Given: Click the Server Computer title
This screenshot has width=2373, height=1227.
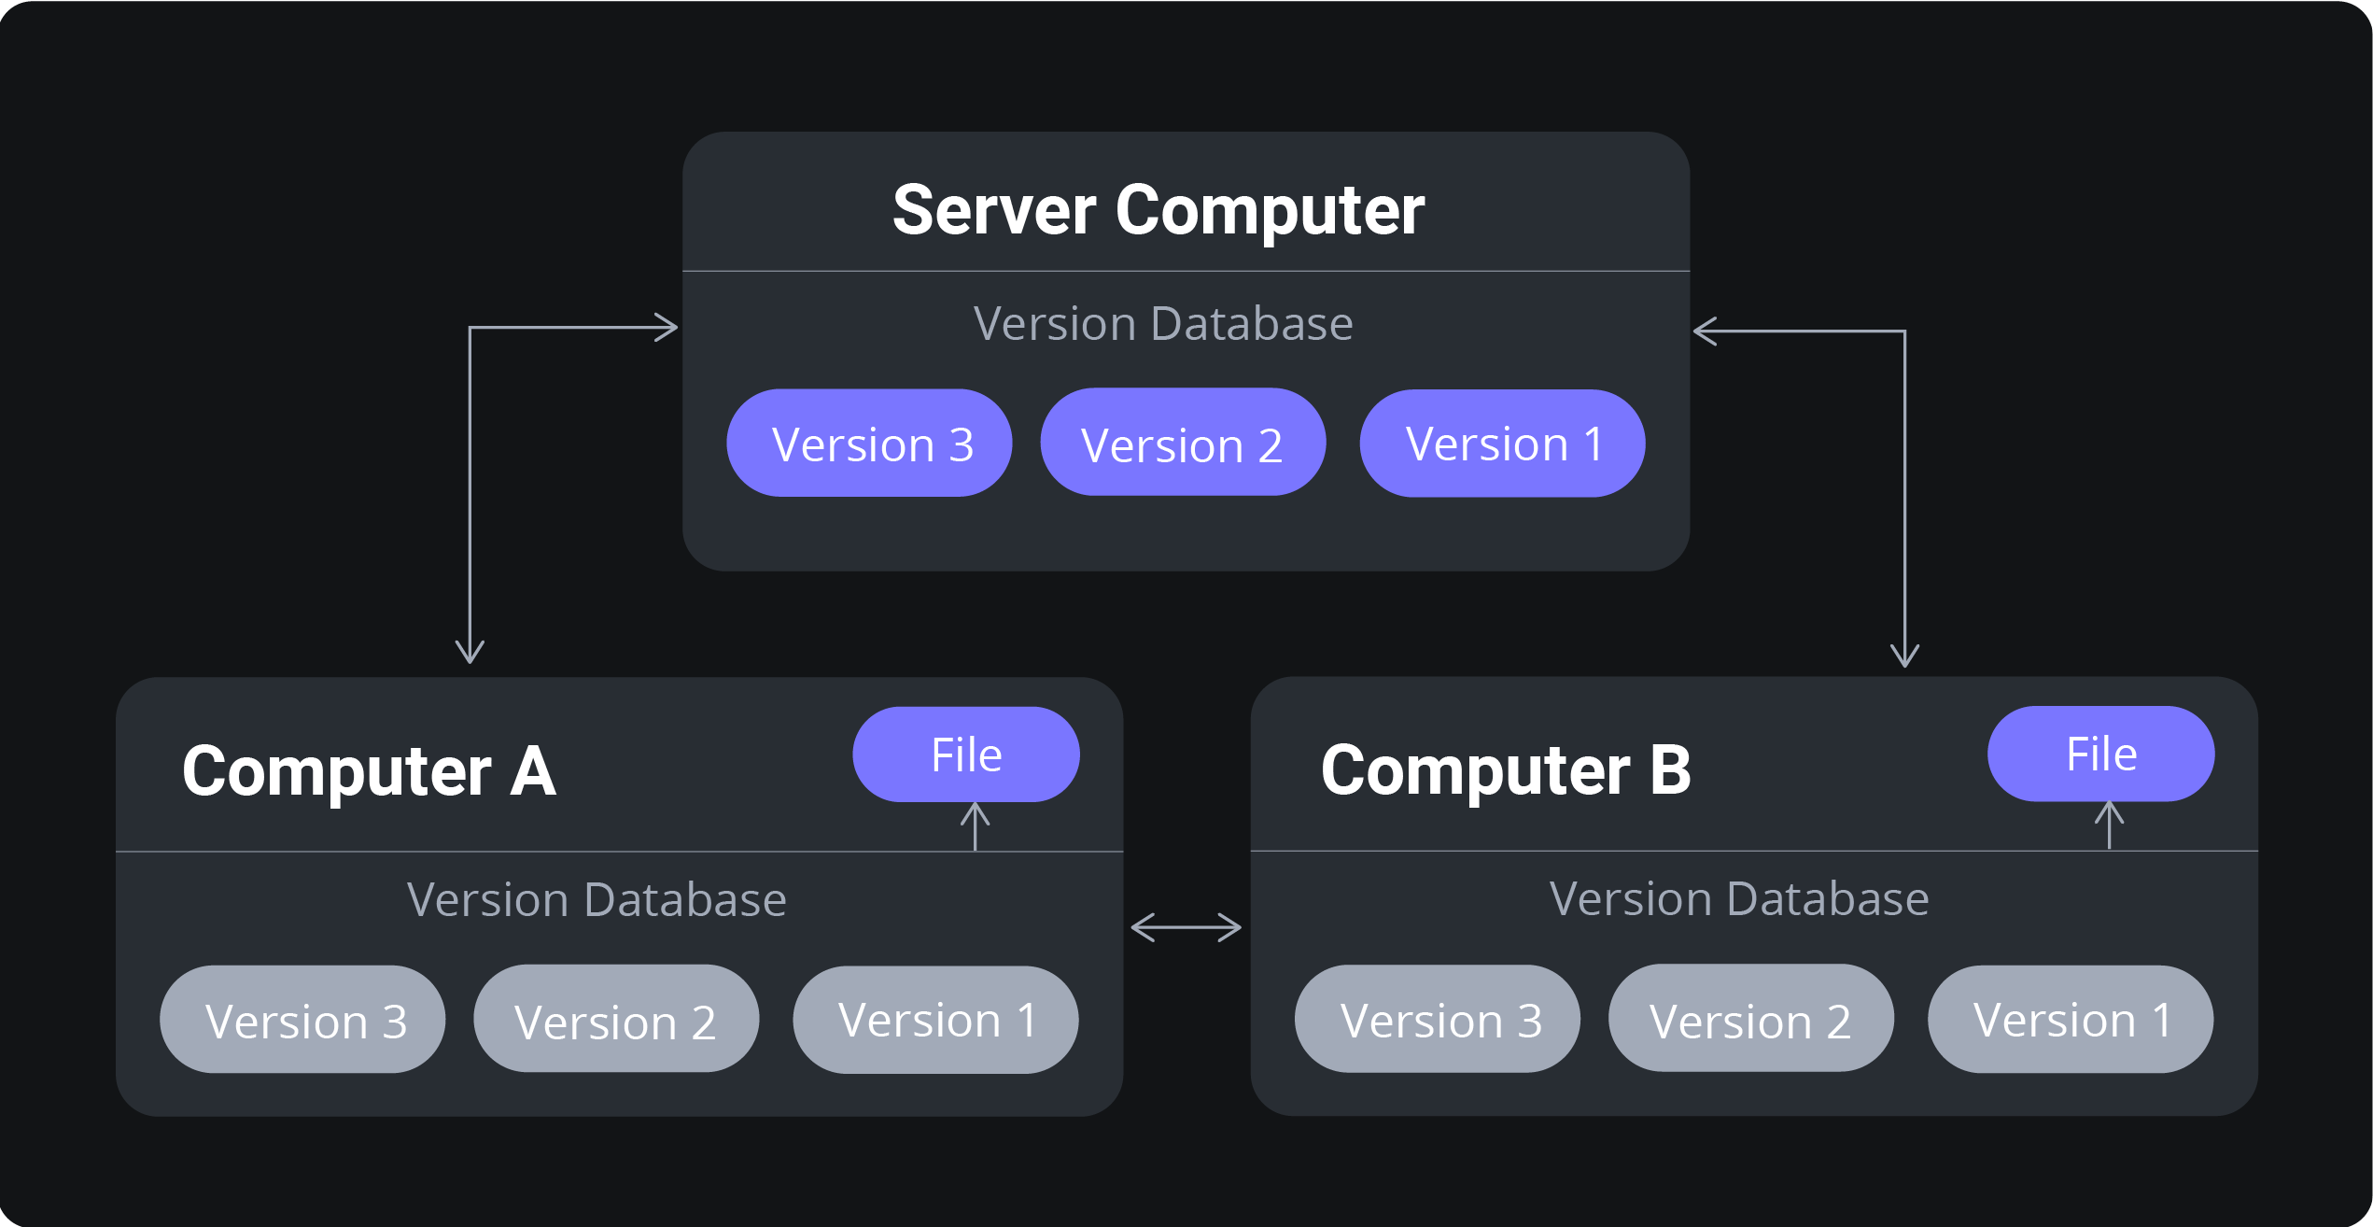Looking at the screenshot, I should tap(1158, 211).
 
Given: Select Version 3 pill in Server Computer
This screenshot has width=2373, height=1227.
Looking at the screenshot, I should tap(869, 444).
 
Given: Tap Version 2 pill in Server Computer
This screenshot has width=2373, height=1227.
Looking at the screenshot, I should tap(1183, 443).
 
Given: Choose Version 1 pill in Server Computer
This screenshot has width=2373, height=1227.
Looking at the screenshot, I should tap(1502, 444).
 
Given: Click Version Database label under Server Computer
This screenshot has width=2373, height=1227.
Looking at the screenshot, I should tap(1162, 324).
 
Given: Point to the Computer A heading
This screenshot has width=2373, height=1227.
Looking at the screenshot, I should tap(370, 772).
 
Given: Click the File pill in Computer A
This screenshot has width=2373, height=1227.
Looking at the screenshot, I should tap(966, 755).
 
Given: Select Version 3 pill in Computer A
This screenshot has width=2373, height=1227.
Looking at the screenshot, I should tap(302, 1020).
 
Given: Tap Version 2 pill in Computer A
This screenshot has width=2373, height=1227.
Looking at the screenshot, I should tap(616, 1020).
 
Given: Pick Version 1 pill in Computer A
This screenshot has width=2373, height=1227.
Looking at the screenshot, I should tap(935, 1020).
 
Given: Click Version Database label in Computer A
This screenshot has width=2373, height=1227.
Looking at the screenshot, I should tap(597, 900).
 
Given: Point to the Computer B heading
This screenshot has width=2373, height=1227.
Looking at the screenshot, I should tap(1505, 771).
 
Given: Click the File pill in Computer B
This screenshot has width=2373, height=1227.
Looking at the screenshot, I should tap(2100, 754).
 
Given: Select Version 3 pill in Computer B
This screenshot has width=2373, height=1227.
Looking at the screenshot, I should tap(1437, 1019).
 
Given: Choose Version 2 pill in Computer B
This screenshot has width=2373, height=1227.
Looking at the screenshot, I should tap(1750, 1019).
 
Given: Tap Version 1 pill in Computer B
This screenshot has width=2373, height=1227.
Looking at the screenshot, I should tap(2070, 1019).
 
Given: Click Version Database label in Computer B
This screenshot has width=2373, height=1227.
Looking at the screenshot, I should tap(1738, 899).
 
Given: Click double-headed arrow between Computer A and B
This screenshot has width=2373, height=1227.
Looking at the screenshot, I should tap(1186, 927).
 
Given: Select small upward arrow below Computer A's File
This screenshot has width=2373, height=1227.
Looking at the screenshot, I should tap(976, 826).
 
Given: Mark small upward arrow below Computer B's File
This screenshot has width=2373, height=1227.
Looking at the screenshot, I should tap(2110, 825).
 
